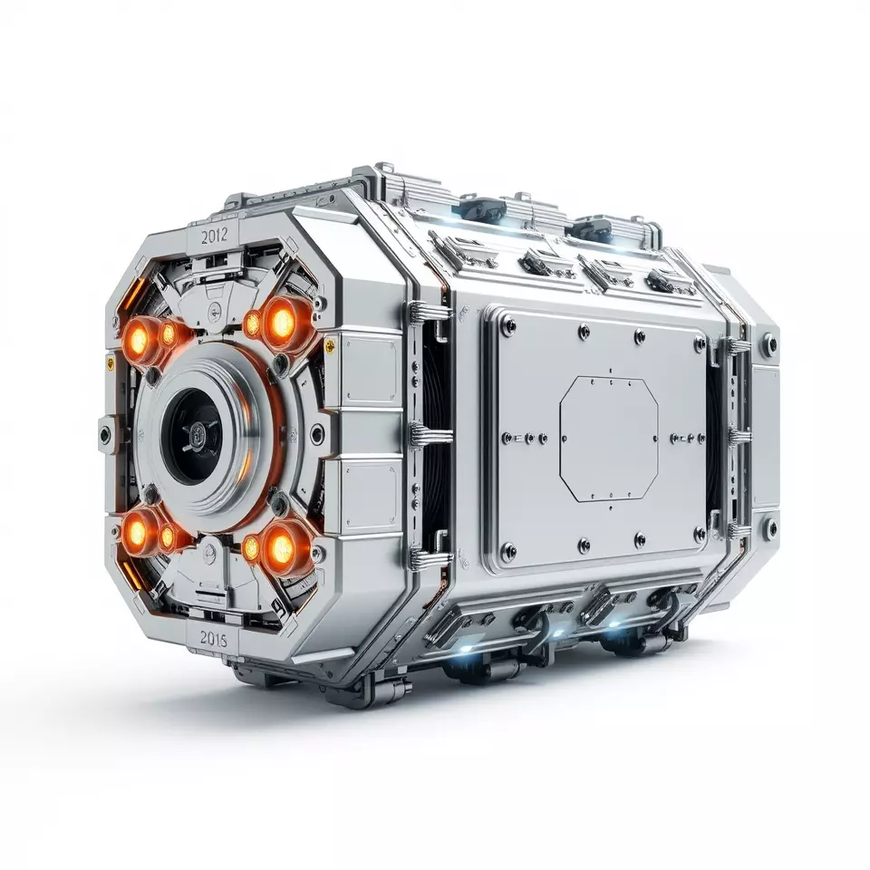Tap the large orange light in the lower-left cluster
(x=138, y=534)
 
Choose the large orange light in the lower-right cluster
(x=280, y=546)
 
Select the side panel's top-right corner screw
(x=699, y=344)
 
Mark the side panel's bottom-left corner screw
(x=508, y=548)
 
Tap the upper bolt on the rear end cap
(x=768, y=344)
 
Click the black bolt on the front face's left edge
(x=106, y=434)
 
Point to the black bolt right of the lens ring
(x=316, y=434)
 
